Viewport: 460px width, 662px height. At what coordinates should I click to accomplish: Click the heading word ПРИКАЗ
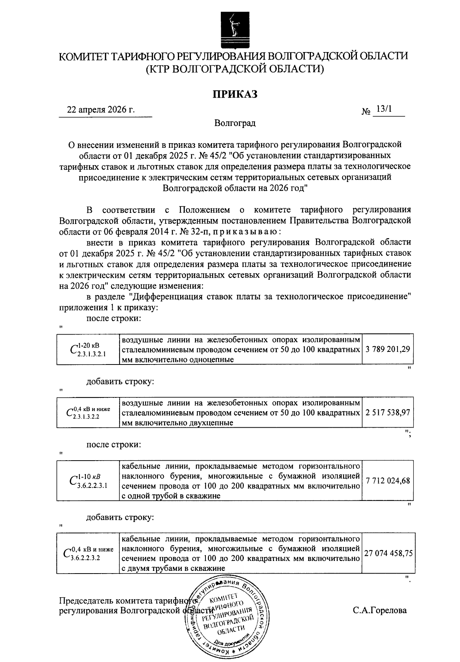coord(235,94)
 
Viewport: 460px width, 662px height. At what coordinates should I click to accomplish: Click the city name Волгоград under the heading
coord(235,123)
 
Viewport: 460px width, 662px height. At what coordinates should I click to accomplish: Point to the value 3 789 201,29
coord(388,349)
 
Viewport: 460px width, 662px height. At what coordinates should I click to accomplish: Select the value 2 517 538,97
coord(388,412)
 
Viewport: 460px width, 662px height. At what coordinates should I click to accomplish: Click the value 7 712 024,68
coord(388,481)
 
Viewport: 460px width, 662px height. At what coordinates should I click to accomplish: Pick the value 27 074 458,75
coord(388,553)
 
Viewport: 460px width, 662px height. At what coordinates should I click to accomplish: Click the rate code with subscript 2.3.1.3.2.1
coord(89,349)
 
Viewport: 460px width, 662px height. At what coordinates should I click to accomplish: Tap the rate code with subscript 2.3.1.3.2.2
coord(89,412)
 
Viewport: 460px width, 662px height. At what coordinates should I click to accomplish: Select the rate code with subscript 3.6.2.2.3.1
coord(89,481)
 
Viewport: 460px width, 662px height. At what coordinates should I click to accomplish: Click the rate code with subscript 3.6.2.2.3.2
coord(89,553)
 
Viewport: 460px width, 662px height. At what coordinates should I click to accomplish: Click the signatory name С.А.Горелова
coord(379,610)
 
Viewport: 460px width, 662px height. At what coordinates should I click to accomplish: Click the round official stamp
coord(226,618)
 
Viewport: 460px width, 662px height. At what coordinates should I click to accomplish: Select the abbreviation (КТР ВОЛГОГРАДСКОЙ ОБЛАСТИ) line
coord(235,69)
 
